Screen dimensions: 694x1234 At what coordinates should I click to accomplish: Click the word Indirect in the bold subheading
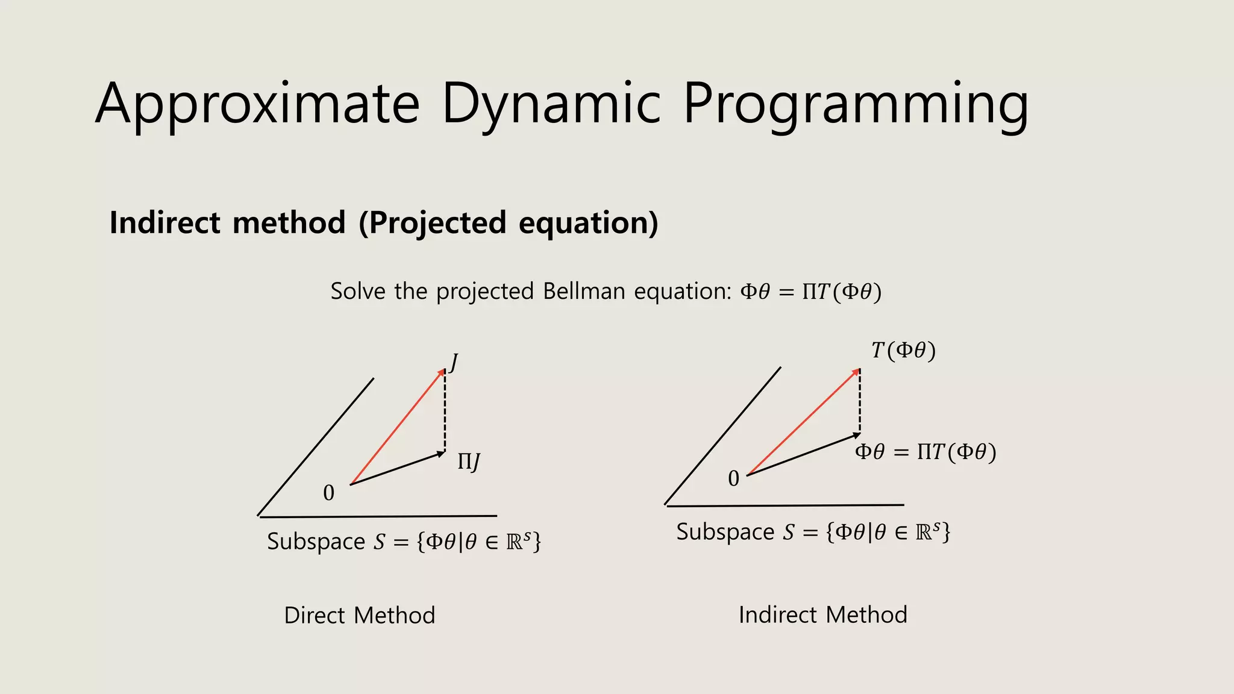click(165, 222)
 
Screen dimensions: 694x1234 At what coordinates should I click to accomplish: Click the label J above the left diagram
click(454, 363)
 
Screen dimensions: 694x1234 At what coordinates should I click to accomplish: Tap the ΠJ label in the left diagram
click(469, 462)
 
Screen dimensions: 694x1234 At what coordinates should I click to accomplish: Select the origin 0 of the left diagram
click(328, 493)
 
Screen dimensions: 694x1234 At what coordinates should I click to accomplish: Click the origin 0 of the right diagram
click(733, 479)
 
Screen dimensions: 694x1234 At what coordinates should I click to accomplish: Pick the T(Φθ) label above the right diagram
click(903, 350)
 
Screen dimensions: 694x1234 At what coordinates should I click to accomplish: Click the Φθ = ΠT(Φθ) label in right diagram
click(925, 452)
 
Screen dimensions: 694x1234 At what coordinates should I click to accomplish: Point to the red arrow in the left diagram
click(398, 427)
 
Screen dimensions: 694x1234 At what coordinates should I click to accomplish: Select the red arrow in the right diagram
click(803, 422)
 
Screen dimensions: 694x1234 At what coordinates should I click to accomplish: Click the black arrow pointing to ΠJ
click(398, 468)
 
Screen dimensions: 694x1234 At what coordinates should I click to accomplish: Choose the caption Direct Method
click(359, 615)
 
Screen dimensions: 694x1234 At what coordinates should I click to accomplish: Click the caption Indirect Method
click(822, 614)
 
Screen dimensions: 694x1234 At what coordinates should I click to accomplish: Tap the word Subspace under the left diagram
click(316, 542)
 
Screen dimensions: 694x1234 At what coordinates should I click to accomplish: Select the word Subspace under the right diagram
click(725, 532)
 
